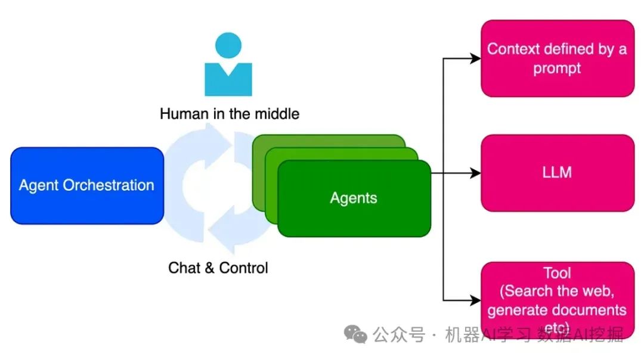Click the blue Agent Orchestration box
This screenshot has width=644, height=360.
click(87, 185)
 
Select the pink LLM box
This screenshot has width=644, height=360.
click(558, 173)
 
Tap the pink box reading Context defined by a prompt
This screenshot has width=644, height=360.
click(558, 58)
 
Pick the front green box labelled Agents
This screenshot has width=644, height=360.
click(354, 198)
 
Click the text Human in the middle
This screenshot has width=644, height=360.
click(230, 113)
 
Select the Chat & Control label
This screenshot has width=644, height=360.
click(218, 268)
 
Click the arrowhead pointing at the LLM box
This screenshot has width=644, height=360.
click(476, 173)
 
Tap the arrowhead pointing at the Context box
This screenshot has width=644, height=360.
click(476, 58)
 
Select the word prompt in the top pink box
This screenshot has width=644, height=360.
click(557, 68)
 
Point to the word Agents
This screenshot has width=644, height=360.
click(354, 198)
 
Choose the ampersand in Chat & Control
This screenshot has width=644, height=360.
click(209, 268)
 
